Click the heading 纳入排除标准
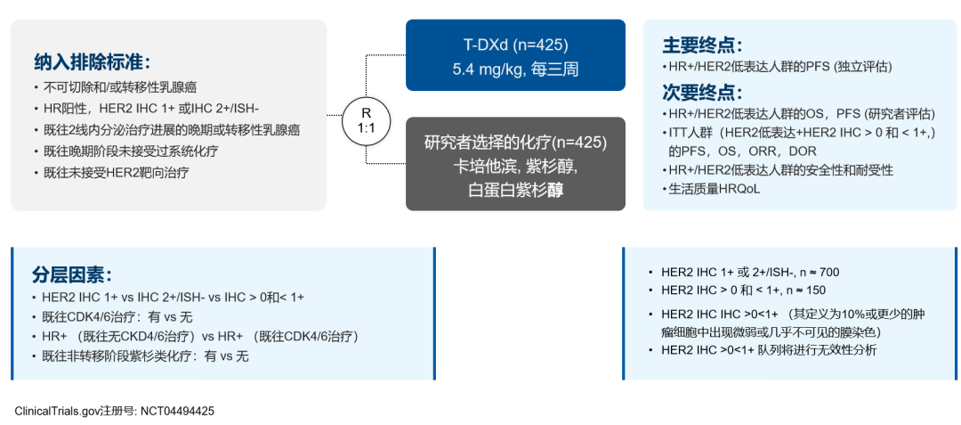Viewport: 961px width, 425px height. click(93, 62)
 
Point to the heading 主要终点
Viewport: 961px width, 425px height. click(702, 45)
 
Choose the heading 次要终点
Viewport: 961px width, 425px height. click(702, 93)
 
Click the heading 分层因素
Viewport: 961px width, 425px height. click(73, 274)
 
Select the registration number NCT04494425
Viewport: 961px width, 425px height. click(177, 412)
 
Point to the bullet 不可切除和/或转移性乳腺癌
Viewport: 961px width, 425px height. click(117, 88)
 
